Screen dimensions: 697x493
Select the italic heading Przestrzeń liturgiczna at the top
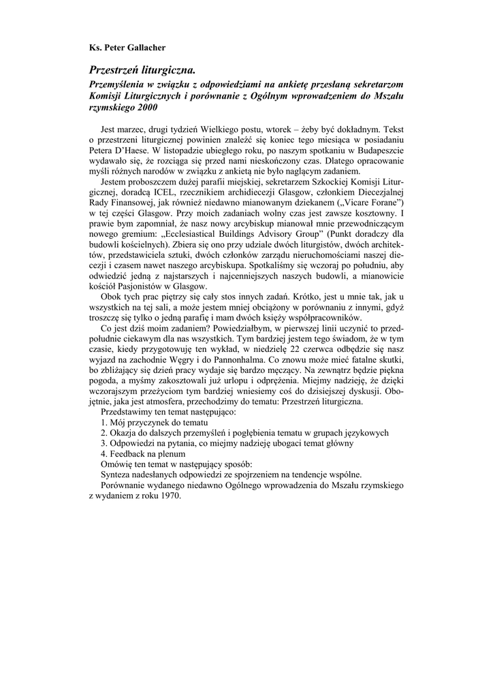click(x=142, y=69)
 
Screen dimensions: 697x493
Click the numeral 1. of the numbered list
click(x=104, y=421)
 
